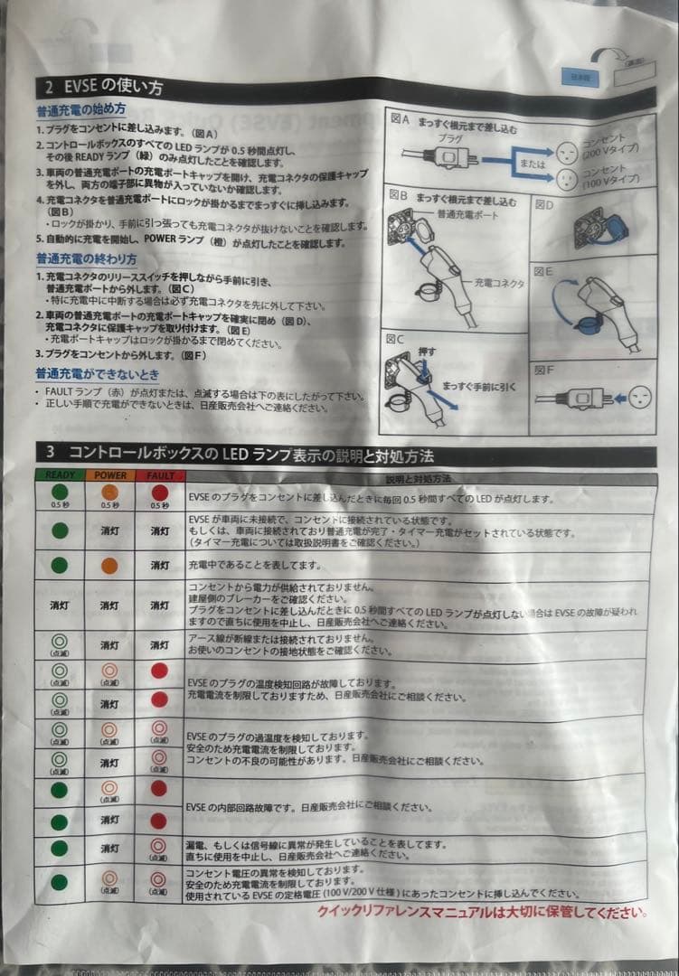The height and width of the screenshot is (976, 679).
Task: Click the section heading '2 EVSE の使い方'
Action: point(105,88)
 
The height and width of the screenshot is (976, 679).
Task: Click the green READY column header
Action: point(60,475)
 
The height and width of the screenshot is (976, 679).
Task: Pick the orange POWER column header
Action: point(110,475)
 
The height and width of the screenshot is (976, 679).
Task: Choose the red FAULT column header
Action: point(159,475)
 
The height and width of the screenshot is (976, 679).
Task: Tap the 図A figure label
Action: point(400,118)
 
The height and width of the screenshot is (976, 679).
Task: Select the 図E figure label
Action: point(543,270)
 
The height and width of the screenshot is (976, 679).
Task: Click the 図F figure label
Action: point(543,369)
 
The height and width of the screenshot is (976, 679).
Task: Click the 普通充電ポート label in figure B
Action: point(467,216)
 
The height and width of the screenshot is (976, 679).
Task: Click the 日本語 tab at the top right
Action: point(578,78)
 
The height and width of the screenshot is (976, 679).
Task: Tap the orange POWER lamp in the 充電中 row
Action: point(110,565)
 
